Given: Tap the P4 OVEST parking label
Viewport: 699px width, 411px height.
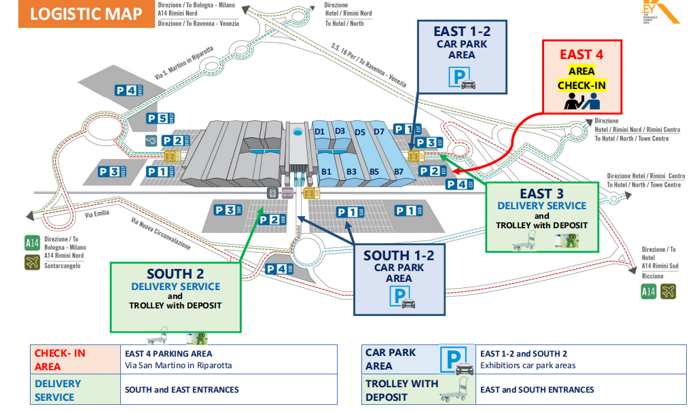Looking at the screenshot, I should click(x=129, y=89).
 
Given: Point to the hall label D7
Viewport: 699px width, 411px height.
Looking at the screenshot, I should click(x=379, y=131).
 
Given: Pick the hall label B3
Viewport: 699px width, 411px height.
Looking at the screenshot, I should click(x=351, y=172).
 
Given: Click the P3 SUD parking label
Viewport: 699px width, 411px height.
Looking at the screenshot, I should click(x=228, y=211).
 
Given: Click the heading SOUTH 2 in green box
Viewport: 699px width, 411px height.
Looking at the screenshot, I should click(x=175, y=274).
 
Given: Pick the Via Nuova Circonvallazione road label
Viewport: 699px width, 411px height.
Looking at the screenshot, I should click(x=162, y=234).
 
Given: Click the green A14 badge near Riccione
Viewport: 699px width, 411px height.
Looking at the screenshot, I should click(x=649, y=292).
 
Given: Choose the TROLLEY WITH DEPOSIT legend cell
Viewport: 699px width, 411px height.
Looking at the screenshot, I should click(x=401, y=390).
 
